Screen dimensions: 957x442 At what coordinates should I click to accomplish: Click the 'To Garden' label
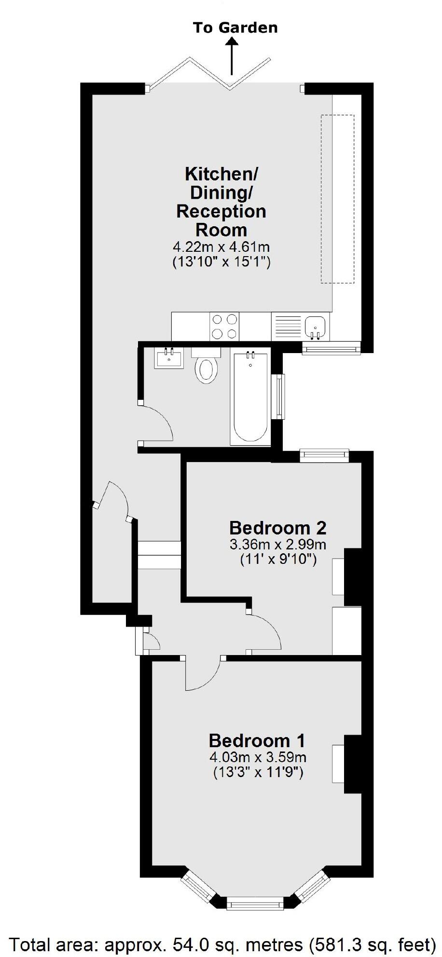pyautogui.click(x=235, y=27)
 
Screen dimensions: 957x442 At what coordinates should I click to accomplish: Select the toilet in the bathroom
pyautogui.click(x=206, y=368)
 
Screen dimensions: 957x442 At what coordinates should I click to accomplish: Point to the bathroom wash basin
pyautogui.click(x=169, y=358)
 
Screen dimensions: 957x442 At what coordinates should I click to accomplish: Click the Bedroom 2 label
pyautogui.click(x=277, y=527)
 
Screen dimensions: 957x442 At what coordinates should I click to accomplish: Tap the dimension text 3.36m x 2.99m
pyautogui.click(x=277, y=546)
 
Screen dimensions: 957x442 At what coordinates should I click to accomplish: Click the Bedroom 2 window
pyautogui.click(x=324, y=455)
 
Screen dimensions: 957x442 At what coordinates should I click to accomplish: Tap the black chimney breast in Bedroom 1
pyautogui.click(x=353, y=764)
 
